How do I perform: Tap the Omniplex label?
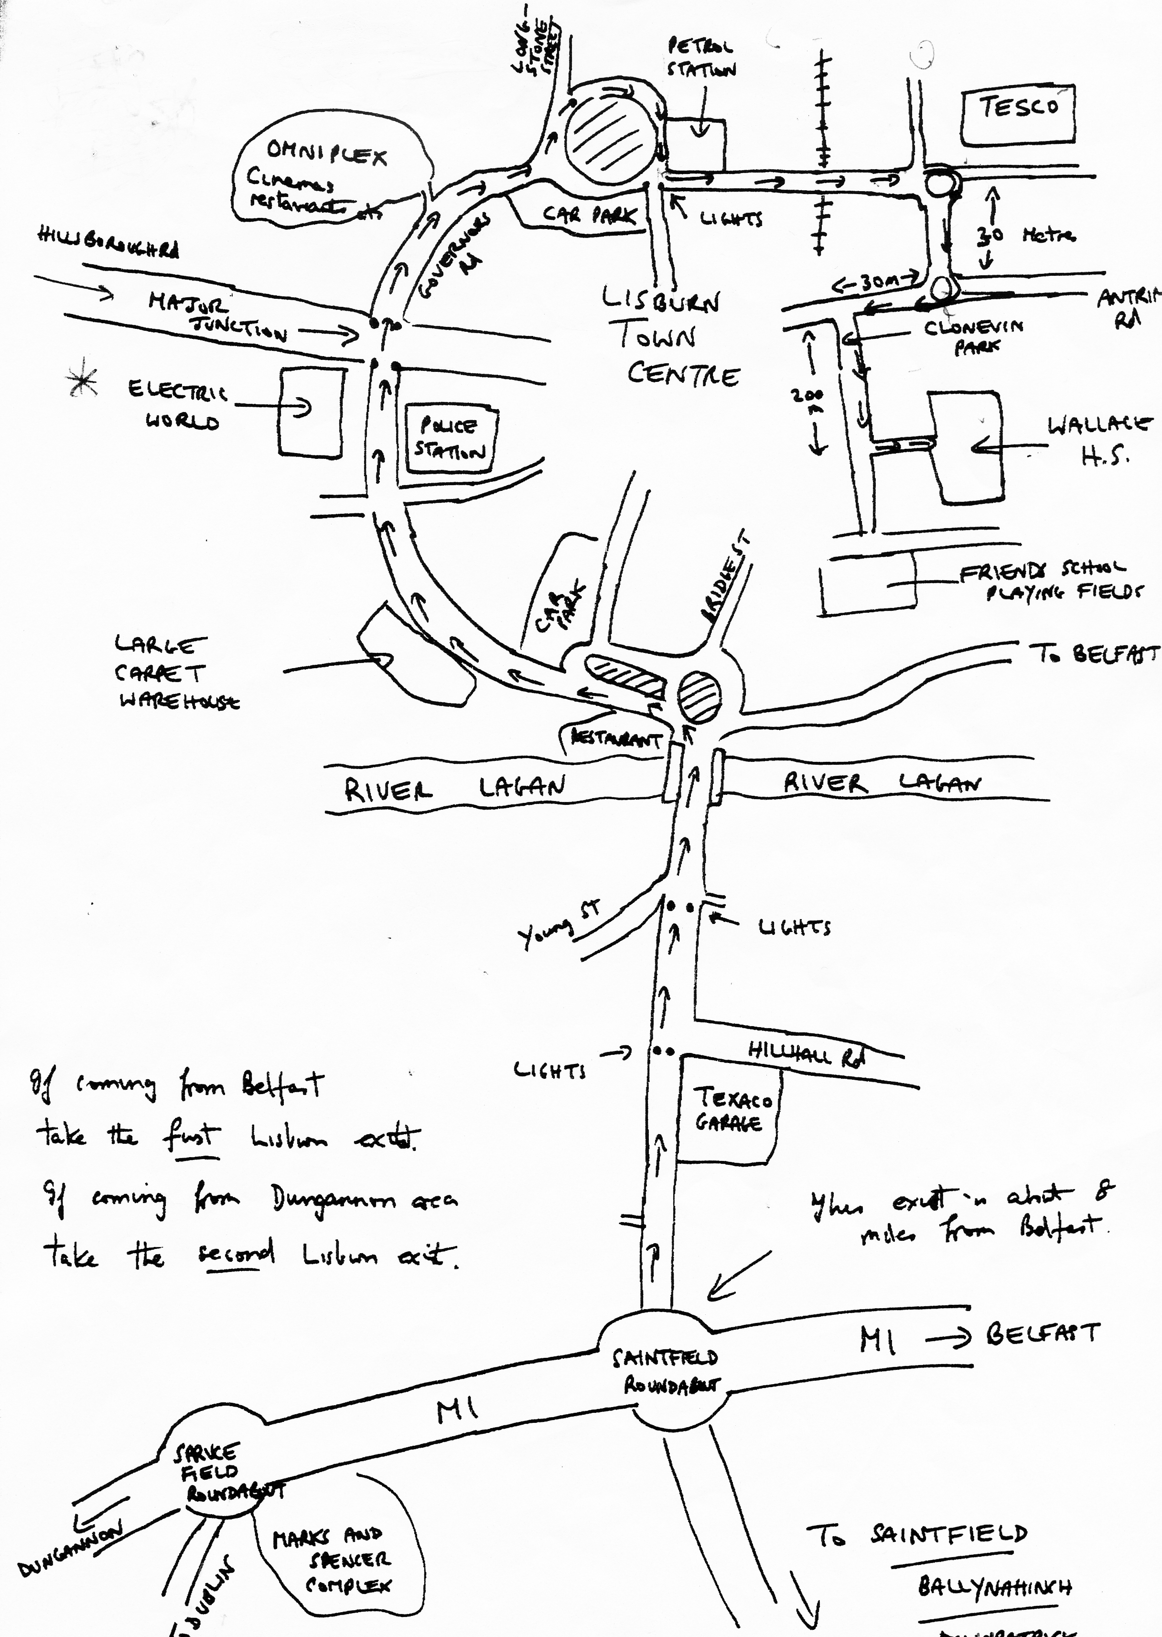click(326, 153)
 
